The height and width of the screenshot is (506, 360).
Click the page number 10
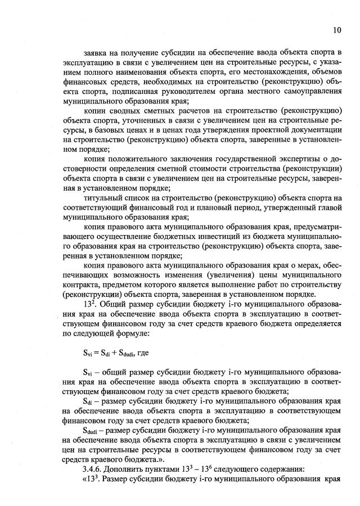pos(337,29)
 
